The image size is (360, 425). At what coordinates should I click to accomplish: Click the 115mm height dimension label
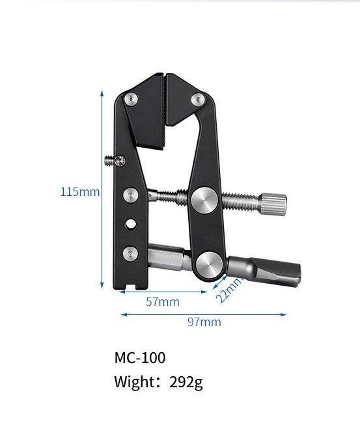(x=80, y=192)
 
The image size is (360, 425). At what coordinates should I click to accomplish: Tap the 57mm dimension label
(x=162, y=302)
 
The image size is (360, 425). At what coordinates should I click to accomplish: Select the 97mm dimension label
(x=204, y=322)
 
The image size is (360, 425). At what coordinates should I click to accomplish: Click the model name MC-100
(x=139, y=358)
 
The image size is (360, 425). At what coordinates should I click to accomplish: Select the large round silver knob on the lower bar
(x=209, y=263)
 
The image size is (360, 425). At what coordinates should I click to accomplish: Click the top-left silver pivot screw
(x=132, y=99)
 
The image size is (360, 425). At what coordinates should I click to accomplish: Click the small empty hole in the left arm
(x=132, y=223)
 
